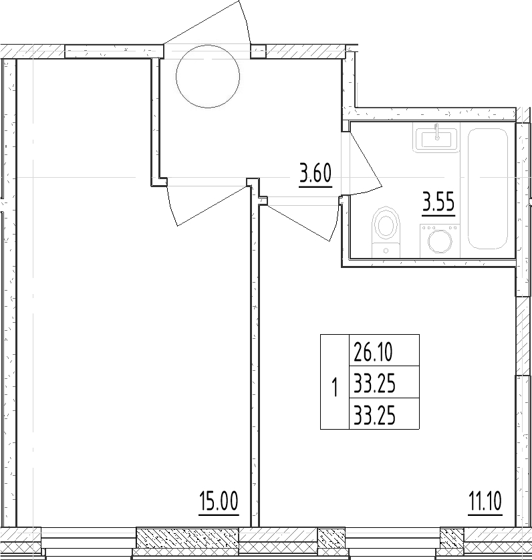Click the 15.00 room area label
[x=219, y=502]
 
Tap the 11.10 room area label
[x=485, y=501]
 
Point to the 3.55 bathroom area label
[x=438, y=203]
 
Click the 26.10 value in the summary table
[x=374, y=352]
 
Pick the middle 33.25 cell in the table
[x=374, y=384]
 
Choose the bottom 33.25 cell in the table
[x=374, y=416]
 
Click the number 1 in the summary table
[x=335, y=388]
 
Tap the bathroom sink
[x=436, y=138]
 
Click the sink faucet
[x=436, y=131]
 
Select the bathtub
[x=488, y=188]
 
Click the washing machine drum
[x=440, y=242]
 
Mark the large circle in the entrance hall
[x=208, y=76]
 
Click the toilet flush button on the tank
[x=386, y=251]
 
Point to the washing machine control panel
[x=440, y=227]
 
